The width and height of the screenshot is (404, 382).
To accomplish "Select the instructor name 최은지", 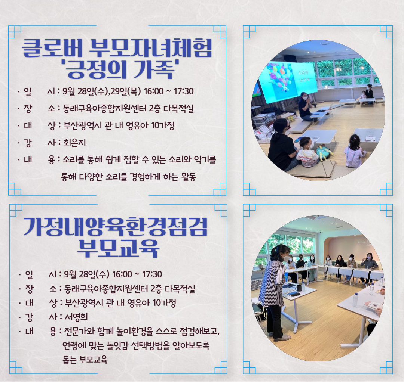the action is tap(74, 143).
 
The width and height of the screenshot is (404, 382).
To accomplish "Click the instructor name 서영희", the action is tap(76, 317).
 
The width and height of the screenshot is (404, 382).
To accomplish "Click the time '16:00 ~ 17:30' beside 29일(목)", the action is tap(169, 91).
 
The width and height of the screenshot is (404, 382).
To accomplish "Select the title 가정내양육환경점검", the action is tap(116, 227).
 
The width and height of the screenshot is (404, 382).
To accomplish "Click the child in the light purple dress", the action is tap(354, 152).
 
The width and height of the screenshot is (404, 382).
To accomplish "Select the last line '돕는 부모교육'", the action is tap(85, 359).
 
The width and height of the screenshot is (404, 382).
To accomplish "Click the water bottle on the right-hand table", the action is tap(355, 300).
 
